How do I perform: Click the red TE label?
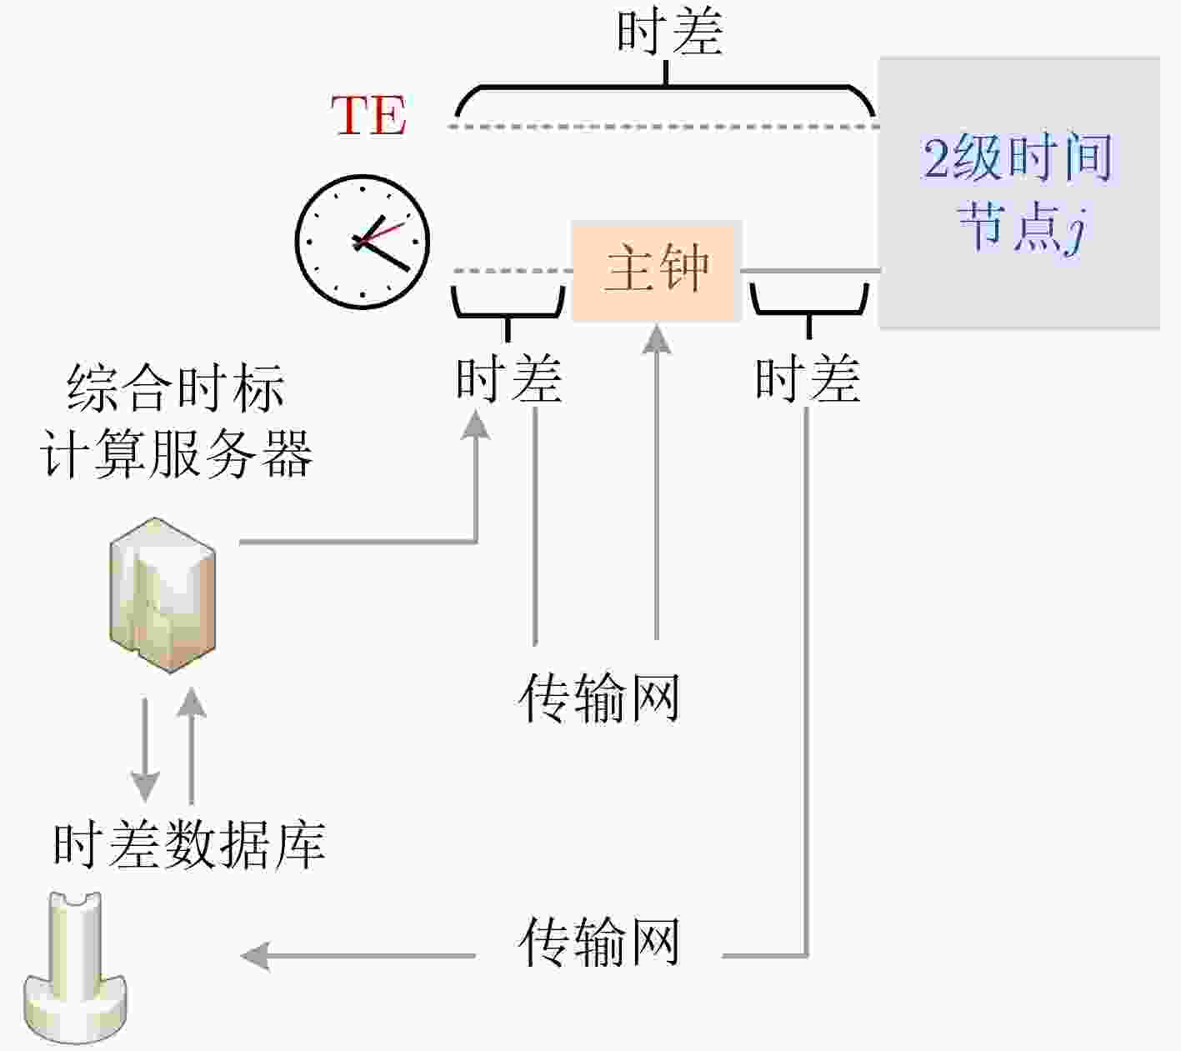pyautogui.click(x=369, y=115)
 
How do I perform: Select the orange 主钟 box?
pyautogui.click(x=657, y=271)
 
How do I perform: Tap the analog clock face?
pyautogui.click(x=363, y=242)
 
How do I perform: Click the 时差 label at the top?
pyautogui.click(x=669, y=32)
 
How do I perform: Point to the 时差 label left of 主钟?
pyautogui.click(x=509, y=379)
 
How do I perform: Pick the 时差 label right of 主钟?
pyautogui.click(x=808, y=379)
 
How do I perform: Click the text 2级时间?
pyautogui.click(x=1017, y=158)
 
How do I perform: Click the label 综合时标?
pyautogui.click(x=176, y=388)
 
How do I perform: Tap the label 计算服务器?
pyautogui.click(x=176, y=454)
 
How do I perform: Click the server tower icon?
pyautogui.click(x=163, y=595)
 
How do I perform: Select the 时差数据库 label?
pyautogui.click(x=189, y=847)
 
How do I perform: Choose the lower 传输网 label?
pyautogui.click(x=599, y=942)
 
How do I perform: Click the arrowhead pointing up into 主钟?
pyautogui.click(x=657, y=339)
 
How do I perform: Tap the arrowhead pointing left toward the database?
pyautogui.click(x=255, y=956)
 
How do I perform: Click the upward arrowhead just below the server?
pyautogui.click(x=191, y=701)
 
